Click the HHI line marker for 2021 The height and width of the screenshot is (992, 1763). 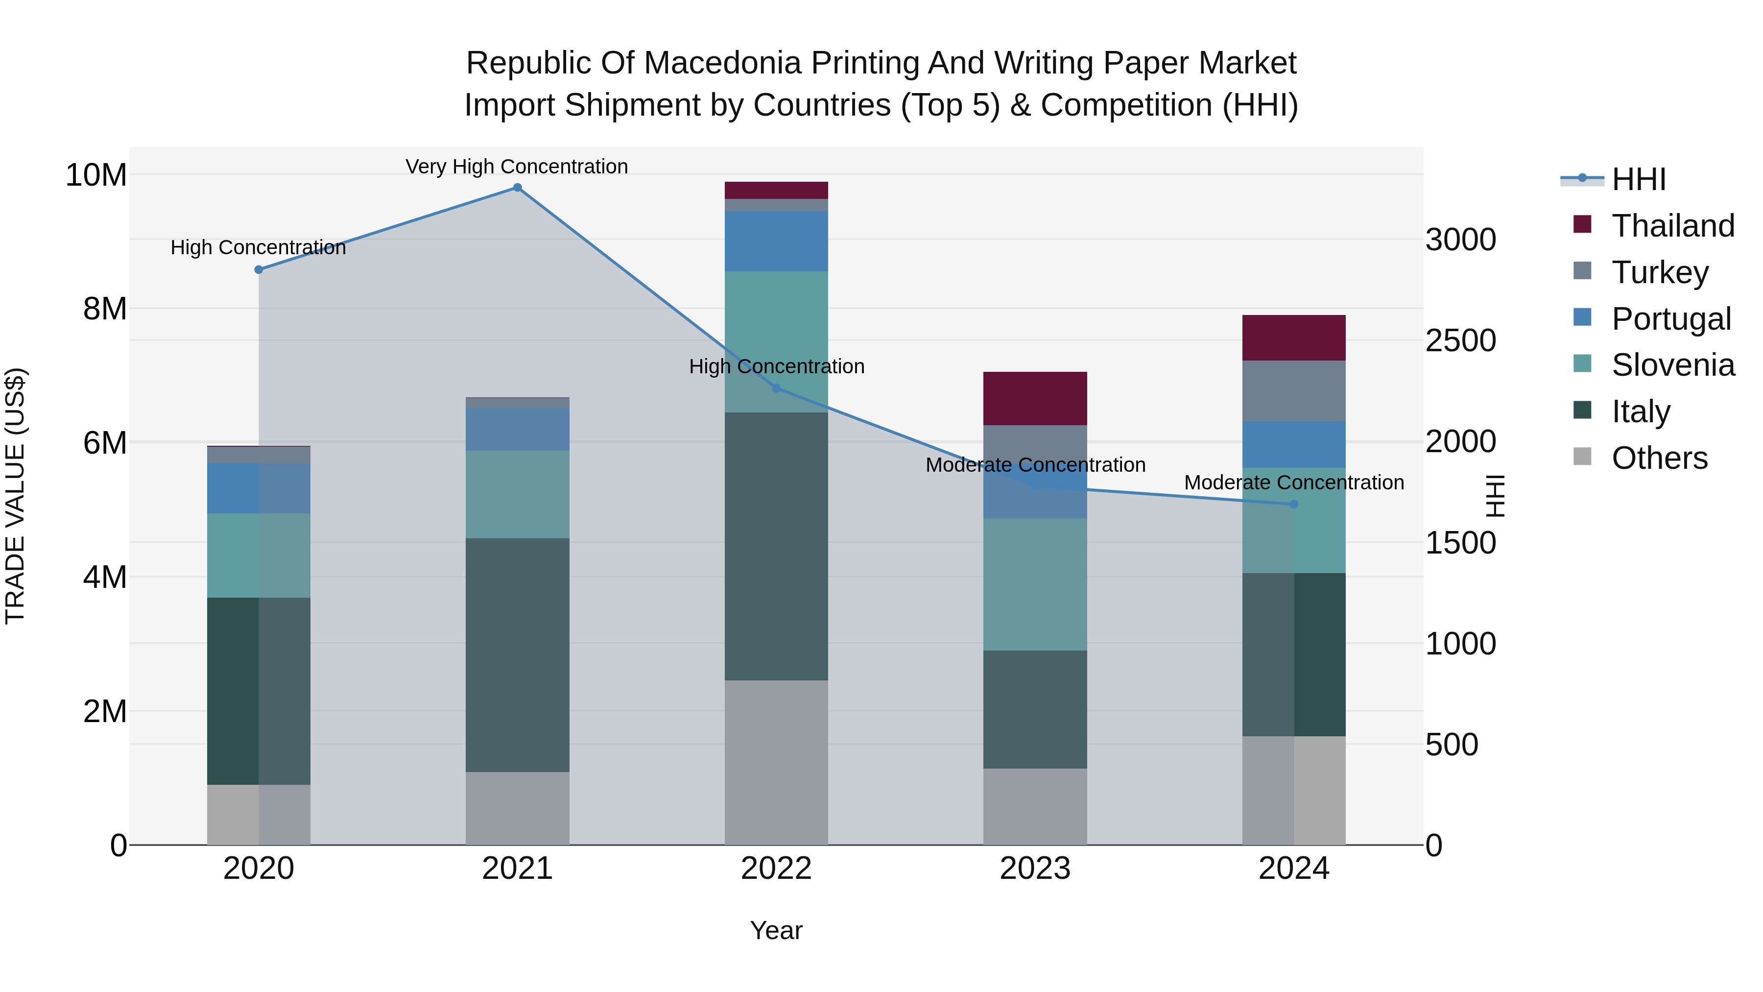pos(518,188)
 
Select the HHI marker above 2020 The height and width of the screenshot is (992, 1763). pos(259,270)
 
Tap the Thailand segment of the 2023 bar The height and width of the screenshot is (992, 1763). pos(1035,398)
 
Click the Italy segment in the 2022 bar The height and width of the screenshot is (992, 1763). pos(776,546)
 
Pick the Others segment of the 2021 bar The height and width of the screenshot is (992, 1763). pos(518,808)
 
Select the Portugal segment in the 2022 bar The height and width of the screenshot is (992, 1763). pos(776,241)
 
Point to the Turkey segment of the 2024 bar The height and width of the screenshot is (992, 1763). pos(1293,390)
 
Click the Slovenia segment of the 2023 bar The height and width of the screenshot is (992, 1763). pos(1035,584)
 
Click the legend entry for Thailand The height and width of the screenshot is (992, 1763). pos(1673,225)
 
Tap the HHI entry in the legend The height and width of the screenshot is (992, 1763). pos(1639,179)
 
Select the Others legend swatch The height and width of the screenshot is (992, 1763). pos(1582,457)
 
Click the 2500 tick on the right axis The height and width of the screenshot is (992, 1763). pos(1460,341)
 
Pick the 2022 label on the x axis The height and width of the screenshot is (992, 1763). pos(776,869)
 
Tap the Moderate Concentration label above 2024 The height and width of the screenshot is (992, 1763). pos(1293,482)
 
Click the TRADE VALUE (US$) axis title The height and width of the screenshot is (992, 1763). pos(15,496)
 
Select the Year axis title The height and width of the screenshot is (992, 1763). pos(776,930)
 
